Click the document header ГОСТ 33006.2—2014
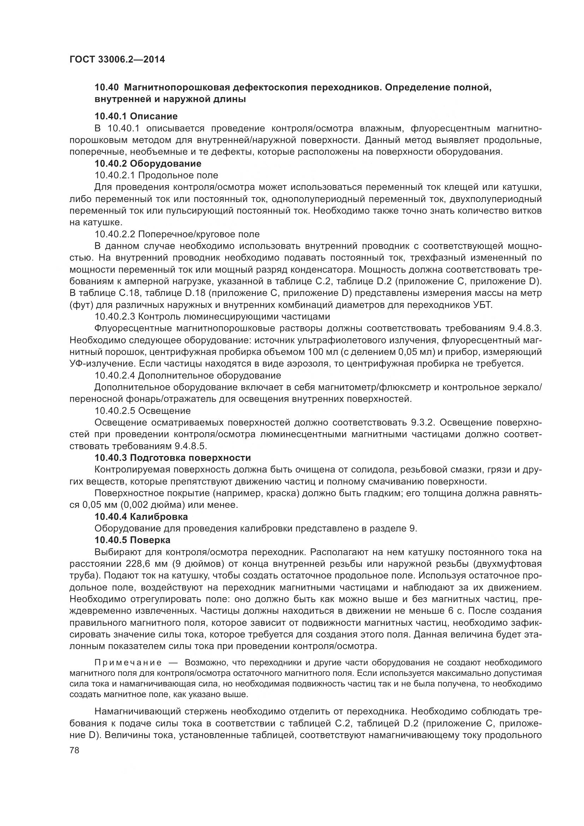tap(117, 60)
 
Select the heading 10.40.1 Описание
tap(136, 116)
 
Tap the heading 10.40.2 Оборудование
tap(148, 164)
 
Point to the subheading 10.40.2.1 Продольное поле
tap(156, 176)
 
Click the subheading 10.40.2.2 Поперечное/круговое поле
tap(177, 234)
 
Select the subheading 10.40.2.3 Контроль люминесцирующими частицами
tap(212, 317)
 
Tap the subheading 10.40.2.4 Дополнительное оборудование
tap(188, 376)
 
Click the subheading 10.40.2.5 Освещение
tap(142, 411)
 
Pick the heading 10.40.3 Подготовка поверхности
tap(173, 458)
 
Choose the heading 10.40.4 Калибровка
tap(141, 517)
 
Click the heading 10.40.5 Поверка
tap(132, 540)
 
